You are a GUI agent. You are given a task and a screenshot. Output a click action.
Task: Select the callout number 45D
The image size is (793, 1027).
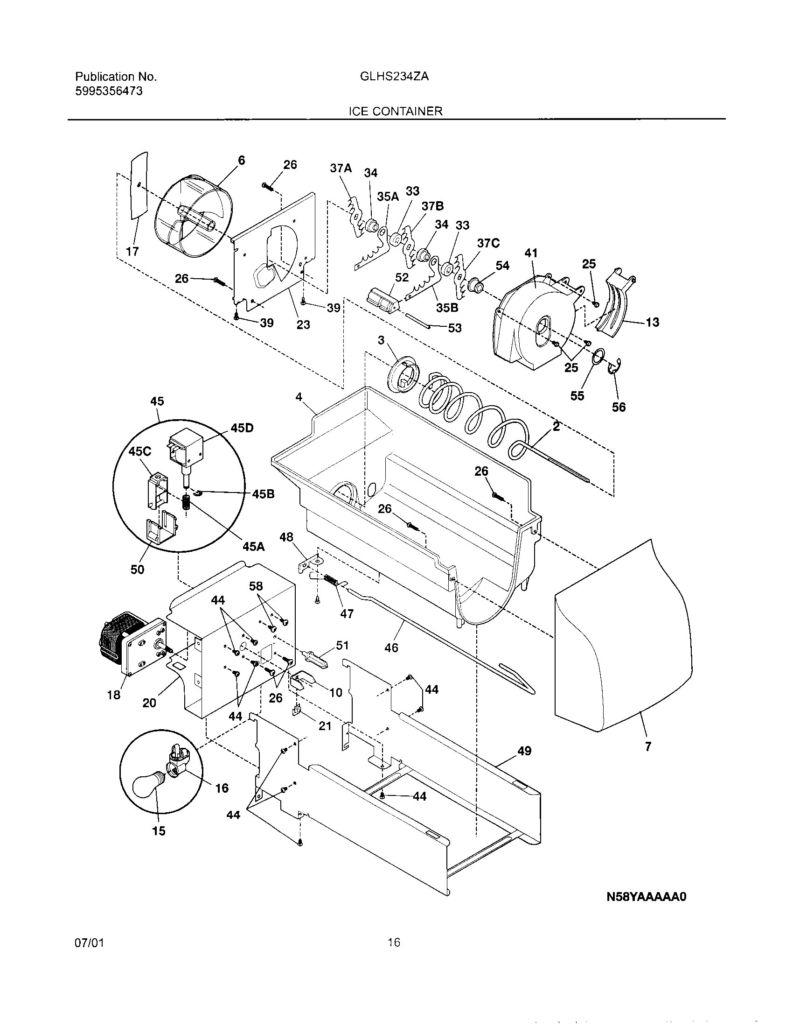[242, 428]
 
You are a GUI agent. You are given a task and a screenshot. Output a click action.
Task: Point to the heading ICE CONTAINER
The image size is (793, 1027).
[395, 111]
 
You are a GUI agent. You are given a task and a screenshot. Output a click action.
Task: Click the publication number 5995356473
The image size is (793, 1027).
[109, 91]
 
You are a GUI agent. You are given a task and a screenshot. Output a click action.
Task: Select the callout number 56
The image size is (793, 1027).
[619, 407]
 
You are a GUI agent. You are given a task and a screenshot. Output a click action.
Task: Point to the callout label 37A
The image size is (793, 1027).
[341, 169]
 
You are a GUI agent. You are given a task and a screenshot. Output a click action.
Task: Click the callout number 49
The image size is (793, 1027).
[524, 751]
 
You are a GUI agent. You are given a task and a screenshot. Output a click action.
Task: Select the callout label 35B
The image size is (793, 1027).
[447, 308]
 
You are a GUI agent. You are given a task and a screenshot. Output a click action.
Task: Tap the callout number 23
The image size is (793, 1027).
[304, 324]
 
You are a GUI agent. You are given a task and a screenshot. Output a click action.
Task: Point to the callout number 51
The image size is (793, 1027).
[342, 646]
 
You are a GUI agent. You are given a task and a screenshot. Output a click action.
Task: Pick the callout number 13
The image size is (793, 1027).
[652, 322]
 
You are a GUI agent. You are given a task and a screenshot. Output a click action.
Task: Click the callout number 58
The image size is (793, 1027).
[256, 586]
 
